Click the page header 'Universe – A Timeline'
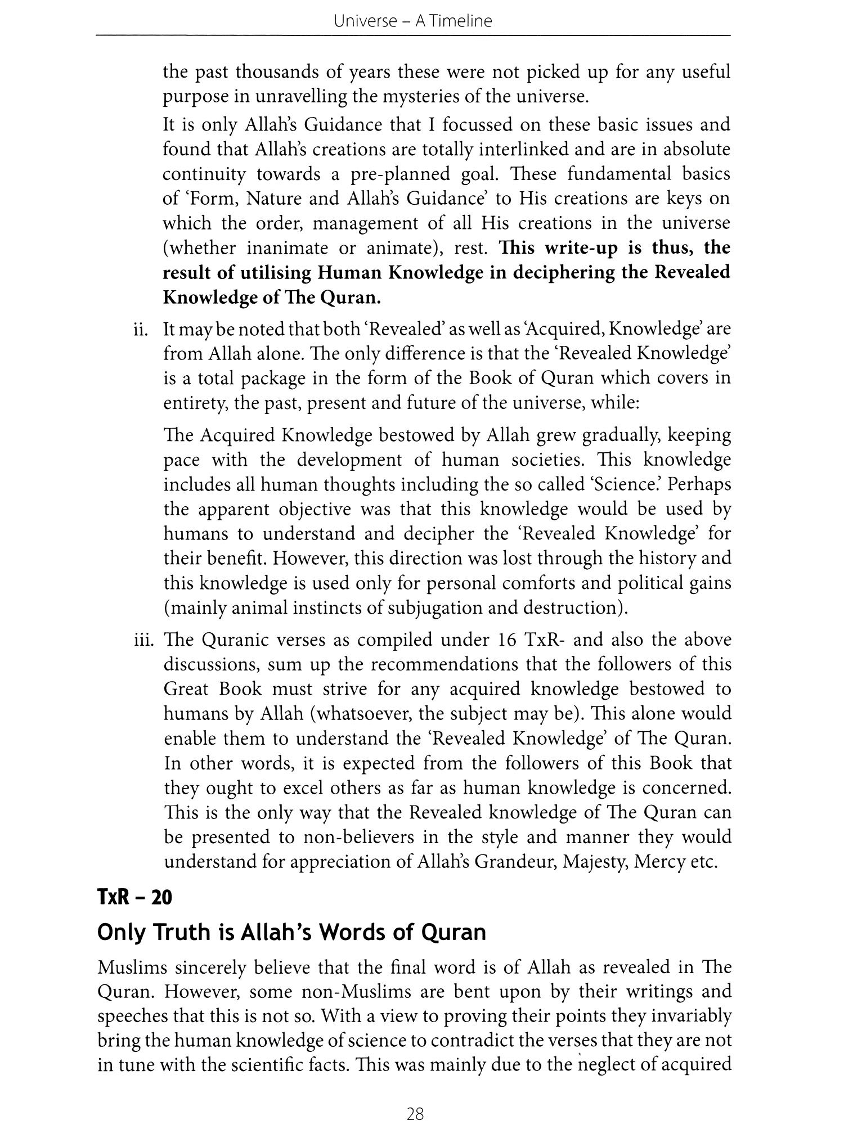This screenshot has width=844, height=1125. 412,21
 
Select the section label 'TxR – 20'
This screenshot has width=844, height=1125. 134,897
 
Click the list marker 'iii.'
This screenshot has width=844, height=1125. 144,640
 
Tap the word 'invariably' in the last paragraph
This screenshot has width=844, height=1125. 683,1016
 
